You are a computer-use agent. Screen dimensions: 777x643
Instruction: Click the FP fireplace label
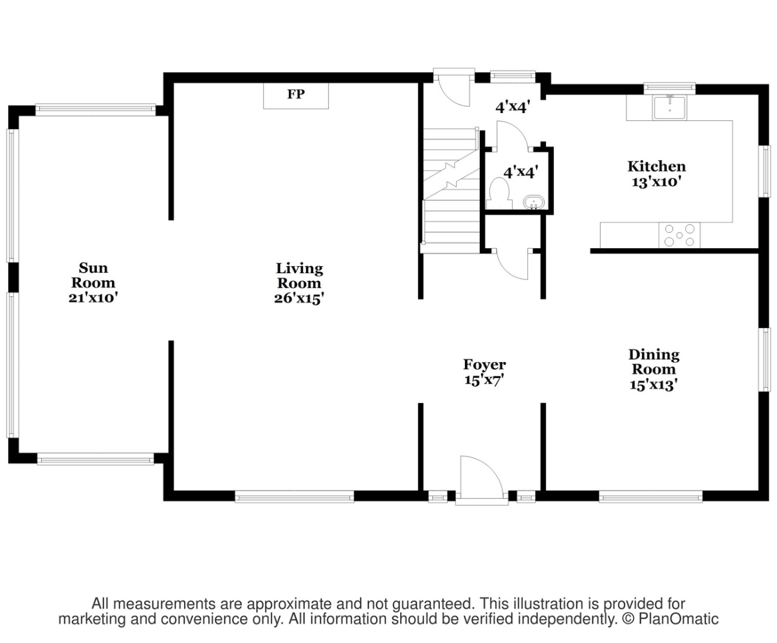[x=296, y=94]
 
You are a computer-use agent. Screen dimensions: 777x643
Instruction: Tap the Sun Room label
[x=93, y=275]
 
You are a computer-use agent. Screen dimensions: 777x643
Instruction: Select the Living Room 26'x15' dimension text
[x=299, y=298]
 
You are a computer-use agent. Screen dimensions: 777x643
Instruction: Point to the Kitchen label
[x=657, y=167]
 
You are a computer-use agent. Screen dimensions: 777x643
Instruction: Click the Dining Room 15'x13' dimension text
[x=654, y=385]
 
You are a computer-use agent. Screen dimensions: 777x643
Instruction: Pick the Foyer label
[x=484, y=365]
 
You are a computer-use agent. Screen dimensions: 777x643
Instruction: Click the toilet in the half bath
[x=499, y=194]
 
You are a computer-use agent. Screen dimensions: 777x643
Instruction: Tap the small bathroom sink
[x=534, y=203]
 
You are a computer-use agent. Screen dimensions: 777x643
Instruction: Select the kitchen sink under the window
[x=670, y=107]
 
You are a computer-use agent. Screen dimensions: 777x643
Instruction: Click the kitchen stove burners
[x=679, y=235]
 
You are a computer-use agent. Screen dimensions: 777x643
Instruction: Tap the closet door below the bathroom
[x=513, y=264]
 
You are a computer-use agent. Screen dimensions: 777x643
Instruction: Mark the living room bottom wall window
[x=295, y=496]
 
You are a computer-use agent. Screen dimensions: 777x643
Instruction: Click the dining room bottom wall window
[x=650, y=496]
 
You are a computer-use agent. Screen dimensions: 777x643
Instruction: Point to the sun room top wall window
[x=96, y=109]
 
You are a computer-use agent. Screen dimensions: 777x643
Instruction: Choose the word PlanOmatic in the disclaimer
[x=679, y=619]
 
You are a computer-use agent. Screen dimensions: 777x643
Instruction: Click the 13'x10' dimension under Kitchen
[x=657, y=183]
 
